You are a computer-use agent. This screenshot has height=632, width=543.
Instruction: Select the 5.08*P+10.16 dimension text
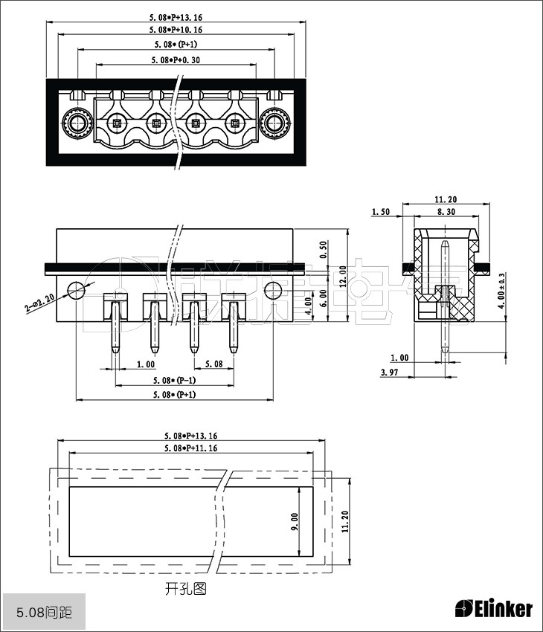(x=176, y=30)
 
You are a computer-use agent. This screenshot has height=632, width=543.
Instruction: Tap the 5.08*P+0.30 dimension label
(x=176, y=59)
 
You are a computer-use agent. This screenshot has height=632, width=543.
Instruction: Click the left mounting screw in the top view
(x=76, y=123)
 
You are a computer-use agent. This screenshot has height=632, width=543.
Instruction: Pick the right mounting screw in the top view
(x=275, y=123)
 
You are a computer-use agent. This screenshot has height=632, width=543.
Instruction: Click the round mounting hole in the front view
(x=77, y=289)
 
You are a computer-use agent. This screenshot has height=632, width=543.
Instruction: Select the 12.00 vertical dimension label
(x=343, y=276)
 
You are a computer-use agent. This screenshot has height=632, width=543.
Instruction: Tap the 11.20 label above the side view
(x=446, y=199)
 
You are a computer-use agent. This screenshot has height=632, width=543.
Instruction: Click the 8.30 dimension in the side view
(x=446, y=212)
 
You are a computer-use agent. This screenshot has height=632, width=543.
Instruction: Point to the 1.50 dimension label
(x=382, y=212)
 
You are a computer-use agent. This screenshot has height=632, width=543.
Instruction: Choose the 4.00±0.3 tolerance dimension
(x=501, y=290)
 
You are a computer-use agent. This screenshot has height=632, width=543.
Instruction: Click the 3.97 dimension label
(x=388, y=372)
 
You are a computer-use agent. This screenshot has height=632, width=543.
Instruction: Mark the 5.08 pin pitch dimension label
(x=213, y=364)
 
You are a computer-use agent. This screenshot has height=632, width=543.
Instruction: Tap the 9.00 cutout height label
(x=295, y=521)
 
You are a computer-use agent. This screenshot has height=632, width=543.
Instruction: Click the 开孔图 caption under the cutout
(x=186, y=589)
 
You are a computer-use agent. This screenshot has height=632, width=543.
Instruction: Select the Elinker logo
(x=494, y=608)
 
